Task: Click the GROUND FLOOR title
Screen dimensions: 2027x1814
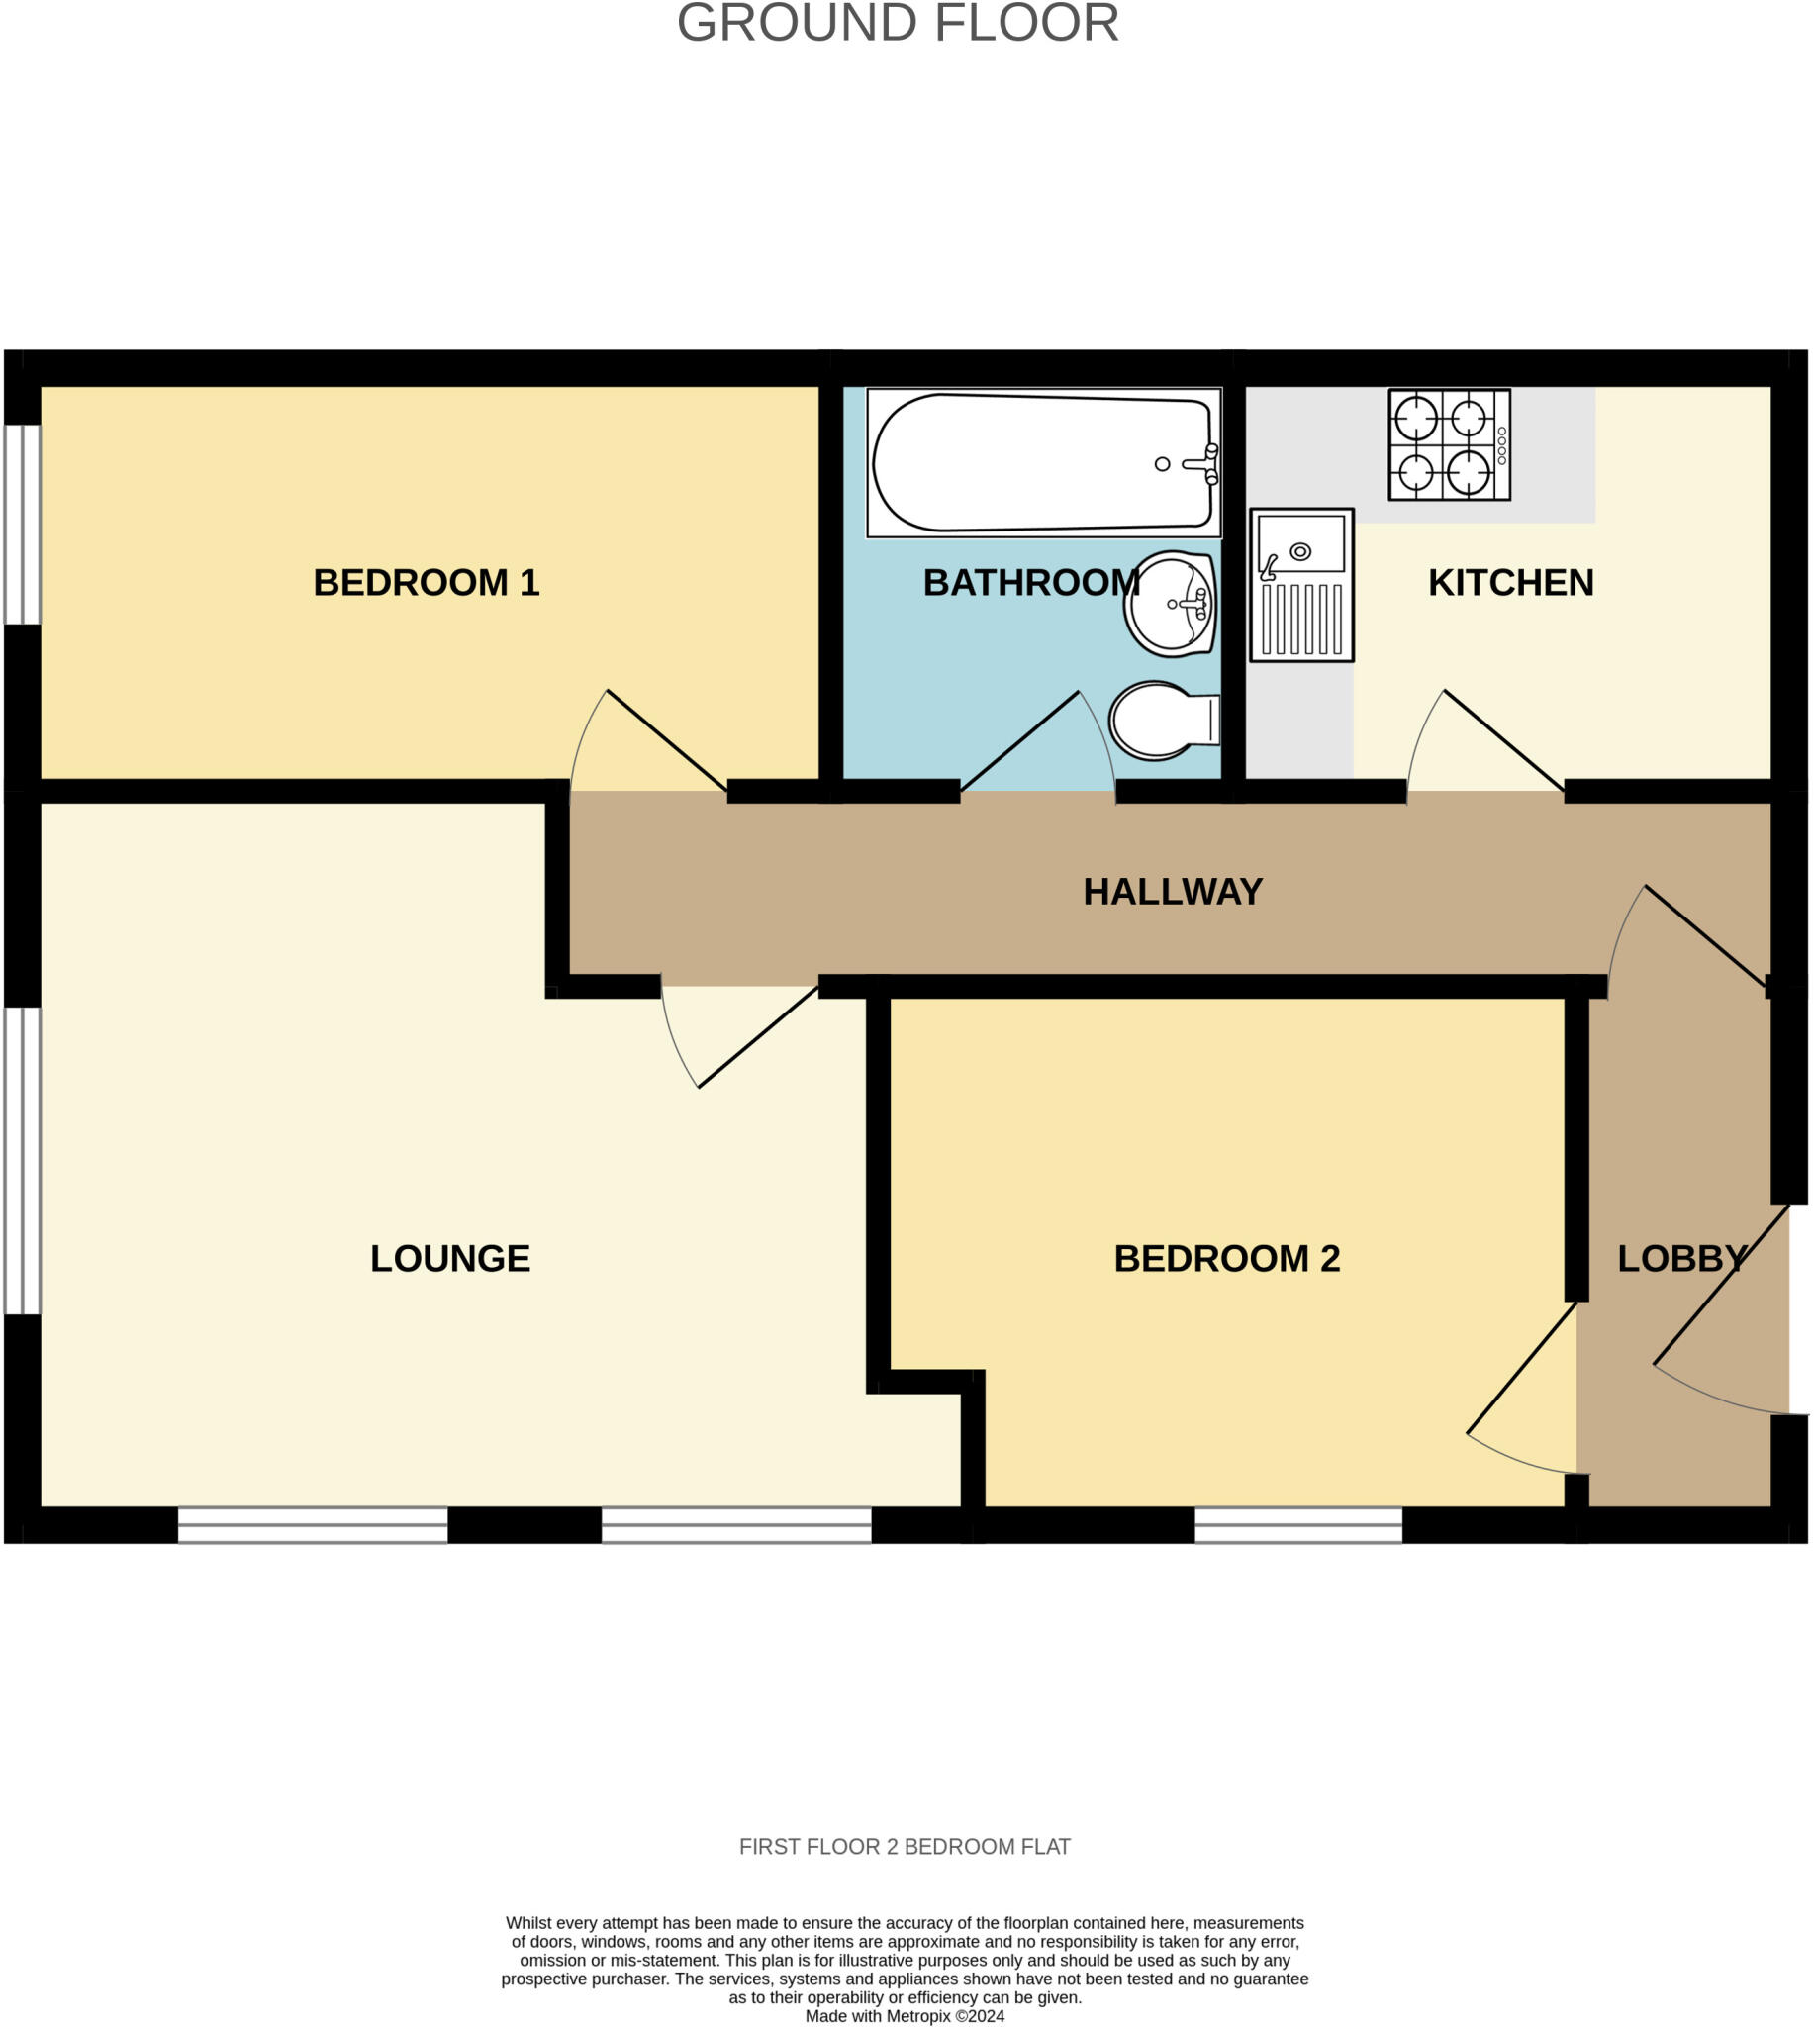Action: (897, 23)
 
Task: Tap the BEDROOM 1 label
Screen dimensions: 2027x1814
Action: (426, 583)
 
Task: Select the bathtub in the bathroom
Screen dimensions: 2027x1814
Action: (1042, 462)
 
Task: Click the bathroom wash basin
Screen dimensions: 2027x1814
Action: (1172, 604)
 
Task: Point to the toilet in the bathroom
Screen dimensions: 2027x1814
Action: (1161, 720)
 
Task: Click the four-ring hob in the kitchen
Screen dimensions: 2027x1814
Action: (1448, 444)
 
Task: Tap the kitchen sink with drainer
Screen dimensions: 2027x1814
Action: (1300, 585)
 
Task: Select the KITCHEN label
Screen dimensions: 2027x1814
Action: (1510, 583)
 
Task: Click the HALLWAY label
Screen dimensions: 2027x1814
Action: (1172, 892)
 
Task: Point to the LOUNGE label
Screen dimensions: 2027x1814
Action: (449, 1259)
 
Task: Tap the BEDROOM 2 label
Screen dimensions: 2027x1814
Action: (1226, 1259)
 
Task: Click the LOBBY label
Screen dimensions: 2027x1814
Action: (1681, 1259)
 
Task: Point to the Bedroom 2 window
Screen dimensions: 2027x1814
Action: (1297, 1525)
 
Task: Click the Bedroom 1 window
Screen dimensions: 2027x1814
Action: (22, 525)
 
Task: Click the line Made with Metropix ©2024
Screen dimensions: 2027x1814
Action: (904, 2016)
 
